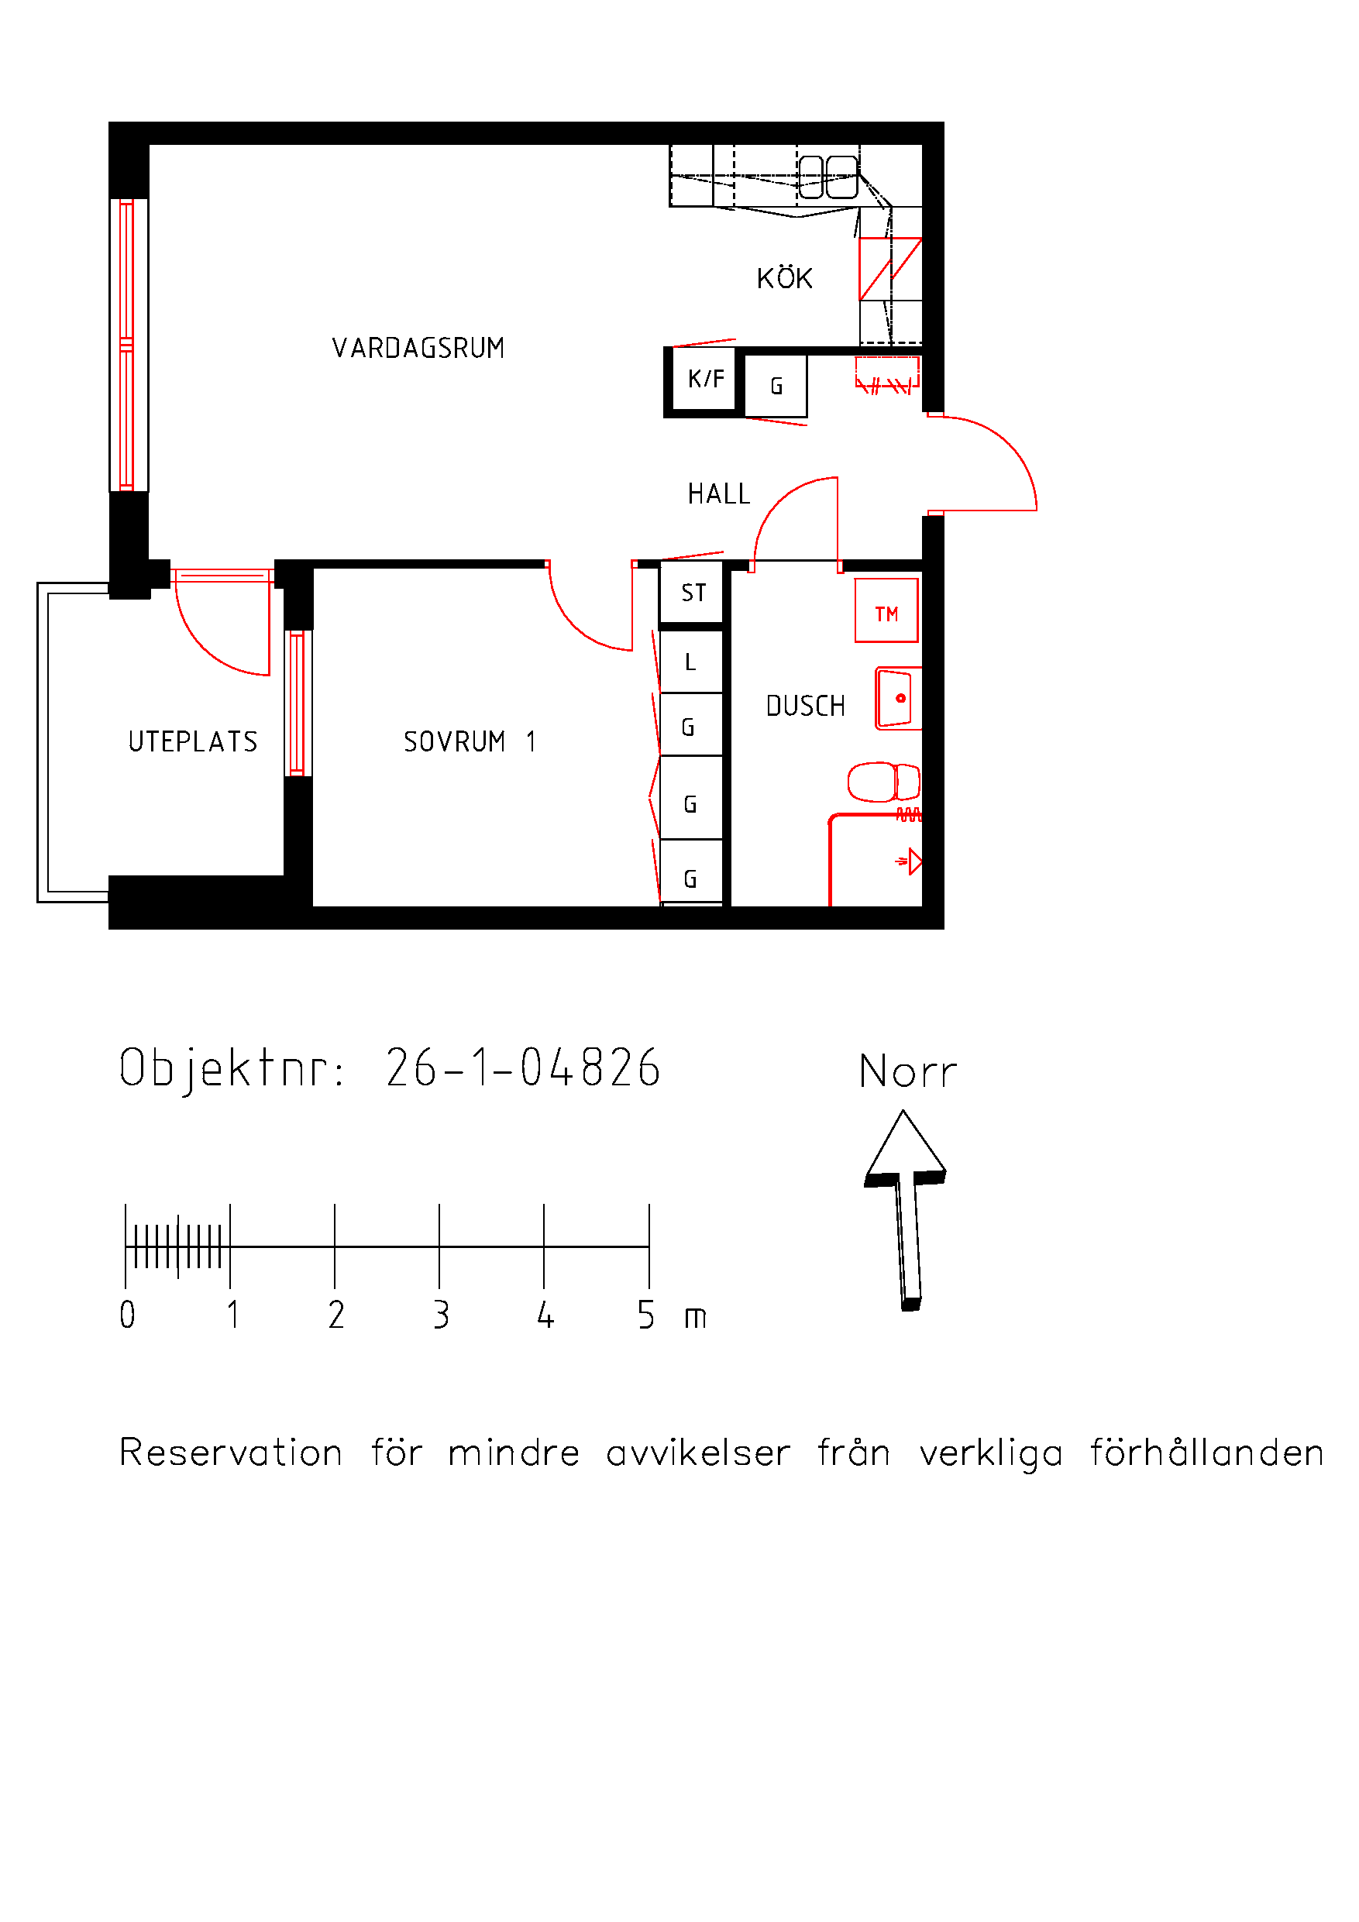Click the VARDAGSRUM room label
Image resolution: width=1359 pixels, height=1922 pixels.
point(418,347)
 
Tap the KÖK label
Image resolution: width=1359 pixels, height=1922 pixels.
point(785,277)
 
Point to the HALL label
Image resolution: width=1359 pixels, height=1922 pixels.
point(718,494)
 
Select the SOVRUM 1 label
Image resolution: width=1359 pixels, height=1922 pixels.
point(469,741)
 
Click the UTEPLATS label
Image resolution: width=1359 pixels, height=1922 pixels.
point(193,741)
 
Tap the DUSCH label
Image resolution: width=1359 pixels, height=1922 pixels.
point(806,706)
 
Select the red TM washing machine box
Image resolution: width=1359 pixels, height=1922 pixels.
point(886,610)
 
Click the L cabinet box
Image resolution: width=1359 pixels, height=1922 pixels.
point(691,662)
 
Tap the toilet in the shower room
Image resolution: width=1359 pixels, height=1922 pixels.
point(884,782)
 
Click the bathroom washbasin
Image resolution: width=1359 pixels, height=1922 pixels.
point(899,698)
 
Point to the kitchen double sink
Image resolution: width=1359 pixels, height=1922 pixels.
point(828,177)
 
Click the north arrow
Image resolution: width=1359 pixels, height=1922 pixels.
point(905,1211)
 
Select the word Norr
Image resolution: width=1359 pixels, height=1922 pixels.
point(907,1072)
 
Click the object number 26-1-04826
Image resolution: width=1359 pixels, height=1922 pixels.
point(523,1068)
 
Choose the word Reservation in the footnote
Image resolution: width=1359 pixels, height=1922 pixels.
point(231,1453)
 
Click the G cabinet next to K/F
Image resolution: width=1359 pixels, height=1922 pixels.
point(776,386)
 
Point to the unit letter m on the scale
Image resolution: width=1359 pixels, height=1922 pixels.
point(695,1319)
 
